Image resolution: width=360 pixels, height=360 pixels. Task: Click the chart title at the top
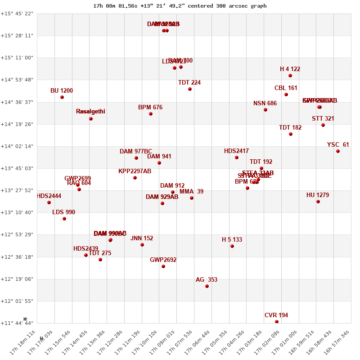[x=180, y=6]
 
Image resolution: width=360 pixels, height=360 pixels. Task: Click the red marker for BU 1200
[x=62, y=97]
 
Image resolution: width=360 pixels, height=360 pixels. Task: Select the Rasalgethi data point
[x=91, y=119]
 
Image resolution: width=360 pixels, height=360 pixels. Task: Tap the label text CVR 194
[x=276, y=315]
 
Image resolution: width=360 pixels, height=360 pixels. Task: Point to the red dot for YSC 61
[x=338, y=151]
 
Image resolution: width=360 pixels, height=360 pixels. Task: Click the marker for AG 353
[x=207, y=286]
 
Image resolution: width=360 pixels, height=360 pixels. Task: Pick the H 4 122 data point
[x=290, y=76]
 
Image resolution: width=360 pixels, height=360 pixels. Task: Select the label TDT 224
[x=189, y=83]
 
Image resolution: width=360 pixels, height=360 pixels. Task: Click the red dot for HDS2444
[x=49, y=202]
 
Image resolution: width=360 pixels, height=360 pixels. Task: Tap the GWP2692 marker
[x=163, y=266]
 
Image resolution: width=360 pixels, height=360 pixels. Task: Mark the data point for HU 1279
[x=318, y=202]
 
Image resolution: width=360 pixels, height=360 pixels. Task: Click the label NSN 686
[x=265, y=103]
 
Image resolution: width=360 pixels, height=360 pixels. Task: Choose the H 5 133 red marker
[x=232, y=246]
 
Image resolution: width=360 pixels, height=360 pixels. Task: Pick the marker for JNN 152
[x=142, y=245]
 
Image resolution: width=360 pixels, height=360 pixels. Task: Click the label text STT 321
[x=323, y=119]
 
